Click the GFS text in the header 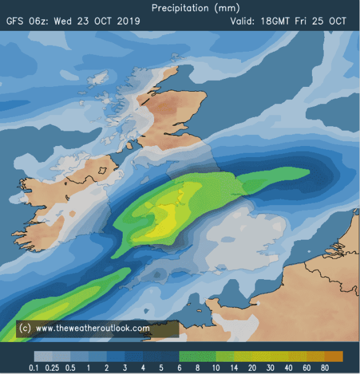17,21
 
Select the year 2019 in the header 128,21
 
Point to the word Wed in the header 63,21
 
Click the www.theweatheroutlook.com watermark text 92,328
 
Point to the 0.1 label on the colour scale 36,368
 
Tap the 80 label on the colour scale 324,368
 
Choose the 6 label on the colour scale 180,368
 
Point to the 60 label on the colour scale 306,368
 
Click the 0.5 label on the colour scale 72,368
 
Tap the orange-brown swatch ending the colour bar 333,356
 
